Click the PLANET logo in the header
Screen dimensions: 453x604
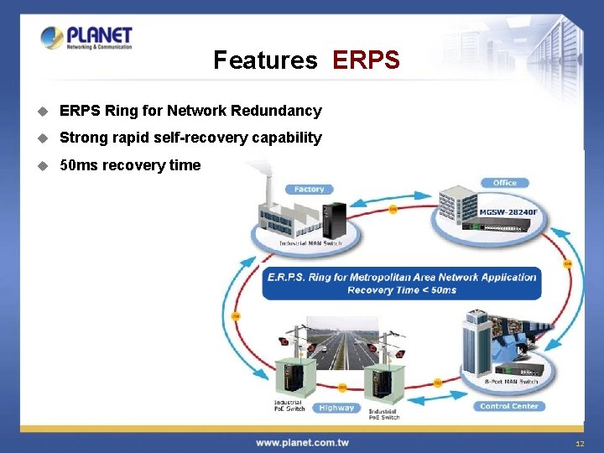click(x=86, y=39)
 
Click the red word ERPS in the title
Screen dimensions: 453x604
click(x=366, y=60)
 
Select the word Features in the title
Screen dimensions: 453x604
click(x=265, y=60)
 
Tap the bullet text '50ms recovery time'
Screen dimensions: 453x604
click(x=130, y=165)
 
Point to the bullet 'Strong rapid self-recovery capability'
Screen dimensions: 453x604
click(x=190, y=138)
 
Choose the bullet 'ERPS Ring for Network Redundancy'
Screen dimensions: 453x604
click(x=190, y=111)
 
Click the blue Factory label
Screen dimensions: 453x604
click(x=309, y=190)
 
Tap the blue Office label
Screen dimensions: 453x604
click(x=505, y=183)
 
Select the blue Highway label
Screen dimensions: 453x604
click(x=336, y=408)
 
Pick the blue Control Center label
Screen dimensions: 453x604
click(x=508, y=406)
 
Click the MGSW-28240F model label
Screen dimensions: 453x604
click(x=508, y=212)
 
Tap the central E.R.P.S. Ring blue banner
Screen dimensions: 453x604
click(x=401, y=284)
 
